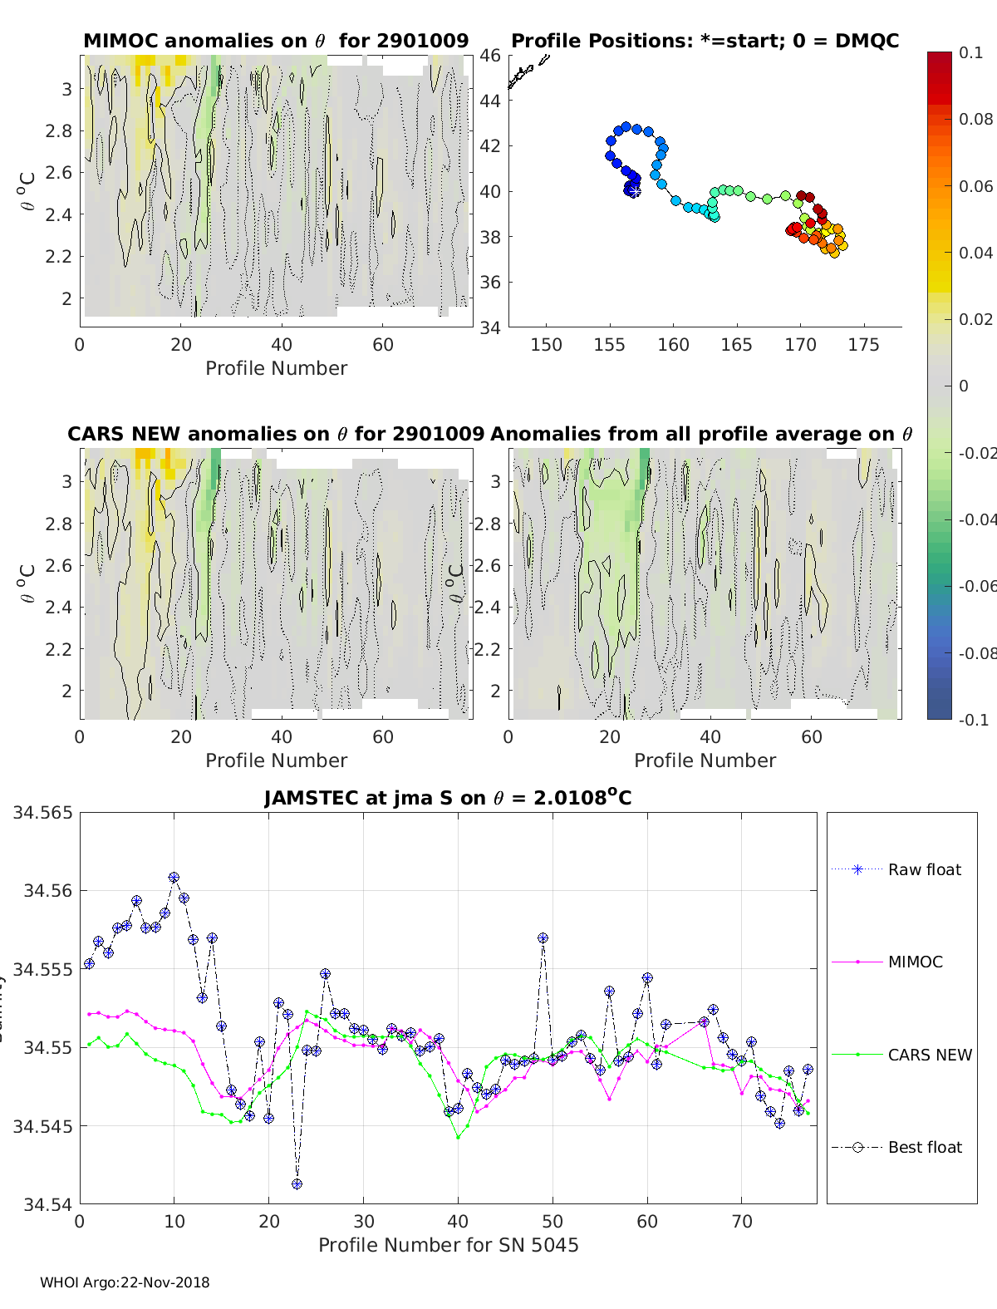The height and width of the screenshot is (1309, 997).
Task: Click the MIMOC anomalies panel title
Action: (276, 41)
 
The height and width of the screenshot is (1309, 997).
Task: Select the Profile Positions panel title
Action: (705, 41)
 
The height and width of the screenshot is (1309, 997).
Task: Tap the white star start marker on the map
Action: (633, 191)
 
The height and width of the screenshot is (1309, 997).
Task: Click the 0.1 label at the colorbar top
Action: (970, 52)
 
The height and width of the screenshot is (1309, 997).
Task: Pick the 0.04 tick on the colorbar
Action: (975, 253)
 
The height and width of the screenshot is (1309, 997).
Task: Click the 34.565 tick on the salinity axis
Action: (42, 812)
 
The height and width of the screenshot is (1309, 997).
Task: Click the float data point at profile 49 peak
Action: (543, 937)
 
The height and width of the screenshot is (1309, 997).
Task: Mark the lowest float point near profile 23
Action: (297, 1184)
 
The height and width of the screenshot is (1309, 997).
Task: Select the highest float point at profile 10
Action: (174, 877)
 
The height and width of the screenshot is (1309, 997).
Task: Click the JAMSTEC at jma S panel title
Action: (448, 798)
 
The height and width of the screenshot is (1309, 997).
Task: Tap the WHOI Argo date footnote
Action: (125, 1282)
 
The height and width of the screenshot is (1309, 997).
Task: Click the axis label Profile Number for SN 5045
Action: (448, 1245)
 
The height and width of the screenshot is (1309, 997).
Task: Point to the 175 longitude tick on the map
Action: (863, 345)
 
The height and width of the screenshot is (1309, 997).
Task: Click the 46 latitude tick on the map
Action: (490, 56)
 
